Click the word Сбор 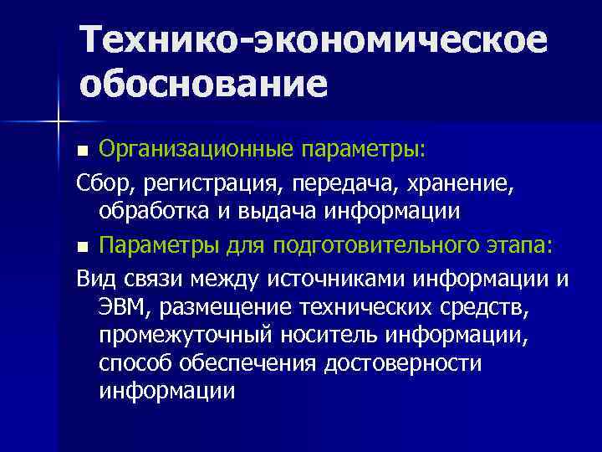98,182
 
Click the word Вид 94,277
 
